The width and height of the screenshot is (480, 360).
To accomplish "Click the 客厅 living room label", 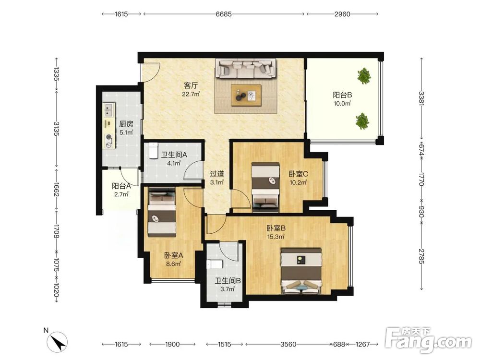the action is click(191, 85).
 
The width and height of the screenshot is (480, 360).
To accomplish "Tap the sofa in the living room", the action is click(245, 69).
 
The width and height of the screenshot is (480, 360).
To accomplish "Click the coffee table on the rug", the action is click(246, 95).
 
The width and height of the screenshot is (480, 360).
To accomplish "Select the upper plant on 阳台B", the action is click(364, 76).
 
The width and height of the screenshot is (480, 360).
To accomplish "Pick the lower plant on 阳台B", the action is click(362, 121).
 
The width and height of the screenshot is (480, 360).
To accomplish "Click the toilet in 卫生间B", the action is click(212, 264).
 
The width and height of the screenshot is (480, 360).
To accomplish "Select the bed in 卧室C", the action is click(265, 187).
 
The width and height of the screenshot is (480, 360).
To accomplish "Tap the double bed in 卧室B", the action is click(302, 271).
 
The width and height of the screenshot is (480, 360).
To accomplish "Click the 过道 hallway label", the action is click(217, 174).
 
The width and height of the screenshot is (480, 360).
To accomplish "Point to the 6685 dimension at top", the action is click(224, 14).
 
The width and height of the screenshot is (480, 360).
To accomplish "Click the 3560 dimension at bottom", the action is click(288, 344).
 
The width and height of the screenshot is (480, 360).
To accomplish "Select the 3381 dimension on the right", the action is click(421, 98).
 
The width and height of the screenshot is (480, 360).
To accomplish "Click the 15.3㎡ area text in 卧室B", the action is click(276, 236).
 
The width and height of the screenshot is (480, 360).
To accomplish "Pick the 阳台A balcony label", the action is click(121, 186).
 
